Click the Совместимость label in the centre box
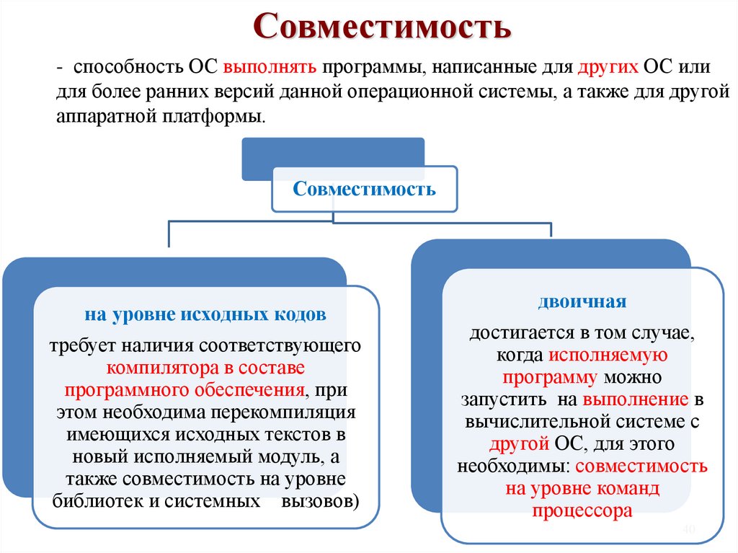click(x=365, y=190)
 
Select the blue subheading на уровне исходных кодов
click(x=206, y=315)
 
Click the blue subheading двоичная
click(x=582, y=301)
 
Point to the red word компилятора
click(x=164, y=368)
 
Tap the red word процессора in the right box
click(x=582, y=511)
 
